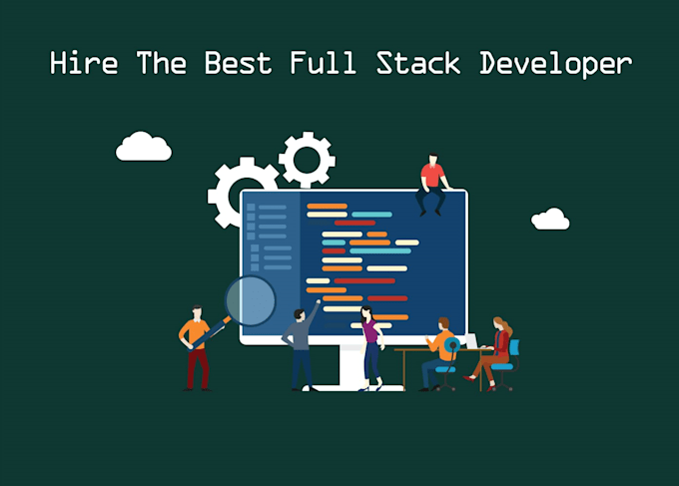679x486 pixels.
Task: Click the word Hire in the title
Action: click(84, 63)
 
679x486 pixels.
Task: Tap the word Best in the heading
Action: click(238, 63)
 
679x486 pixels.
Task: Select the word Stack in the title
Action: click(417, 63)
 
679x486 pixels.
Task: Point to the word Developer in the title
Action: click(556, 65)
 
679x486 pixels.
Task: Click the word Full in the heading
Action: click(324, 63)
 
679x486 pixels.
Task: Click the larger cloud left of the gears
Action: click(144, 147)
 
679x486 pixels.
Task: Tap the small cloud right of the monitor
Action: click(550, 219)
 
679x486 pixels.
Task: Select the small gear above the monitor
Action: click(307, 160)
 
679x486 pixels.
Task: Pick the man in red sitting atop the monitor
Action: click(432, 184)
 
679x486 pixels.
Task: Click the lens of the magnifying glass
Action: click(251, 300)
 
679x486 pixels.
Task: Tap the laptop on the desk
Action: click(472, 341)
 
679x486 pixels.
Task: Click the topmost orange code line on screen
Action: click(327, 206)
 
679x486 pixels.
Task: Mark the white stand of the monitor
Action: click(351, 368)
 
